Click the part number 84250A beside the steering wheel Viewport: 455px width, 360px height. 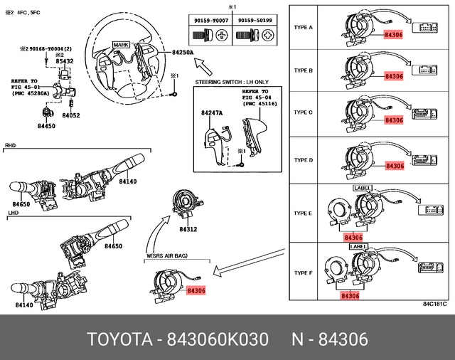(x=183, y=53)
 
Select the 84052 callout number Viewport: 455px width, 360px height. (x=71, y=115)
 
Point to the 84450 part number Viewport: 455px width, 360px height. (x=46, y=125)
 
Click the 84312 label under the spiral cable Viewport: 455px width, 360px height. (x=188, y=229)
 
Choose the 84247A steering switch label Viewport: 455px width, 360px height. (x=210, y=113)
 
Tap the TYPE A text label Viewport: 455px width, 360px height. (x=303, y=27)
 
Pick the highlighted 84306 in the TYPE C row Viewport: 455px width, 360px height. (x=393, y=120)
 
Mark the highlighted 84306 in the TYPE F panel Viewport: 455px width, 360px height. (x=351, y=295)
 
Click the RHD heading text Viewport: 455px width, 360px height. (x=11, y=145)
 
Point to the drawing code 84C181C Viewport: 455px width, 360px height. (x=434, y=305)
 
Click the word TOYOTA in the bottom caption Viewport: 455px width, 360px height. (x=117, y=340)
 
